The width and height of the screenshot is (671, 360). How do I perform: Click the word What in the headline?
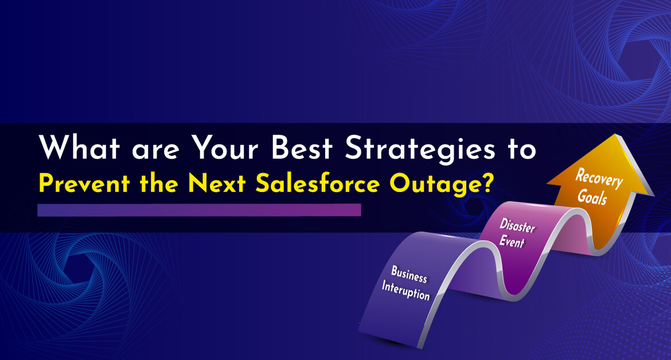point(79,147)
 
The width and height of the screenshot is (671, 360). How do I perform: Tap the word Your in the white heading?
point(225,147)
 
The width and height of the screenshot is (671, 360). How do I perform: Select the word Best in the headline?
point(302,147)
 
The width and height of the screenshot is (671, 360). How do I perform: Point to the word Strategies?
point(420,150)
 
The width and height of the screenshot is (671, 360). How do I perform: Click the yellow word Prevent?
point(84,184)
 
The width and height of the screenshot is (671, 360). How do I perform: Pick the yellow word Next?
point(217,184)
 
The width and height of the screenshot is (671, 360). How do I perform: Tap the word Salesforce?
point(318,183)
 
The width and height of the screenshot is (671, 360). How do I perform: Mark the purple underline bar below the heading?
point(199,210)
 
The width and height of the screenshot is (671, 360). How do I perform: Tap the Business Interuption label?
point(407,283)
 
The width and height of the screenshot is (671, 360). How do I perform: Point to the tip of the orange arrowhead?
point(615,134)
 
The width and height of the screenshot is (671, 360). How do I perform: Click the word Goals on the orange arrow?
point(592,197)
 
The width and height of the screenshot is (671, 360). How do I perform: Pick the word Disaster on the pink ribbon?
point(517,225)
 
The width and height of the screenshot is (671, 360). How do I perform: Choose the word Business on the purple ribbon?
point(409,274)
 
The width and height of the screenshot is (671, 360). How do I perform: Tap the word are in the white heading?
point(155,150)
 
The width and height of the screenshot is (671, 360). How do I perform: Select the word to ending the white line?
point(522,149)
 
